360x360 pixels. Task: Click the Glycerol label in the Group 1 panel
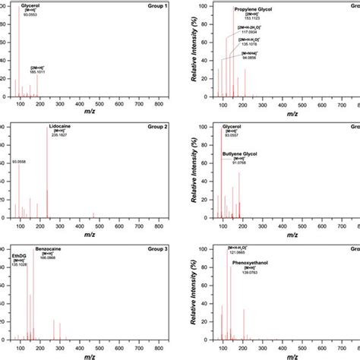(x=31, y=5)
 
